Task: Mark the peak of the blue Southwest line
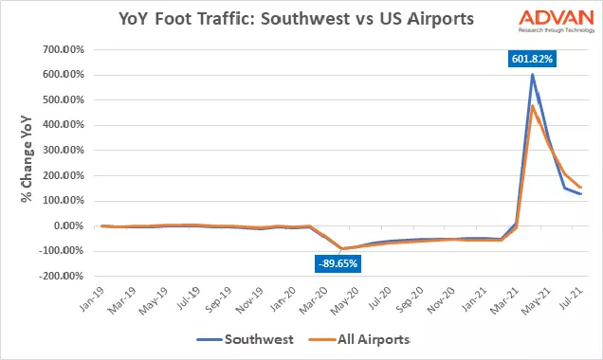click(x=533, y=74)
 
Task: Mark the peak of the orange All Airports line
click(x=533, y=105)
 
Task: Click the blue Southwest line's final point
click(x=580, y=194)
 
